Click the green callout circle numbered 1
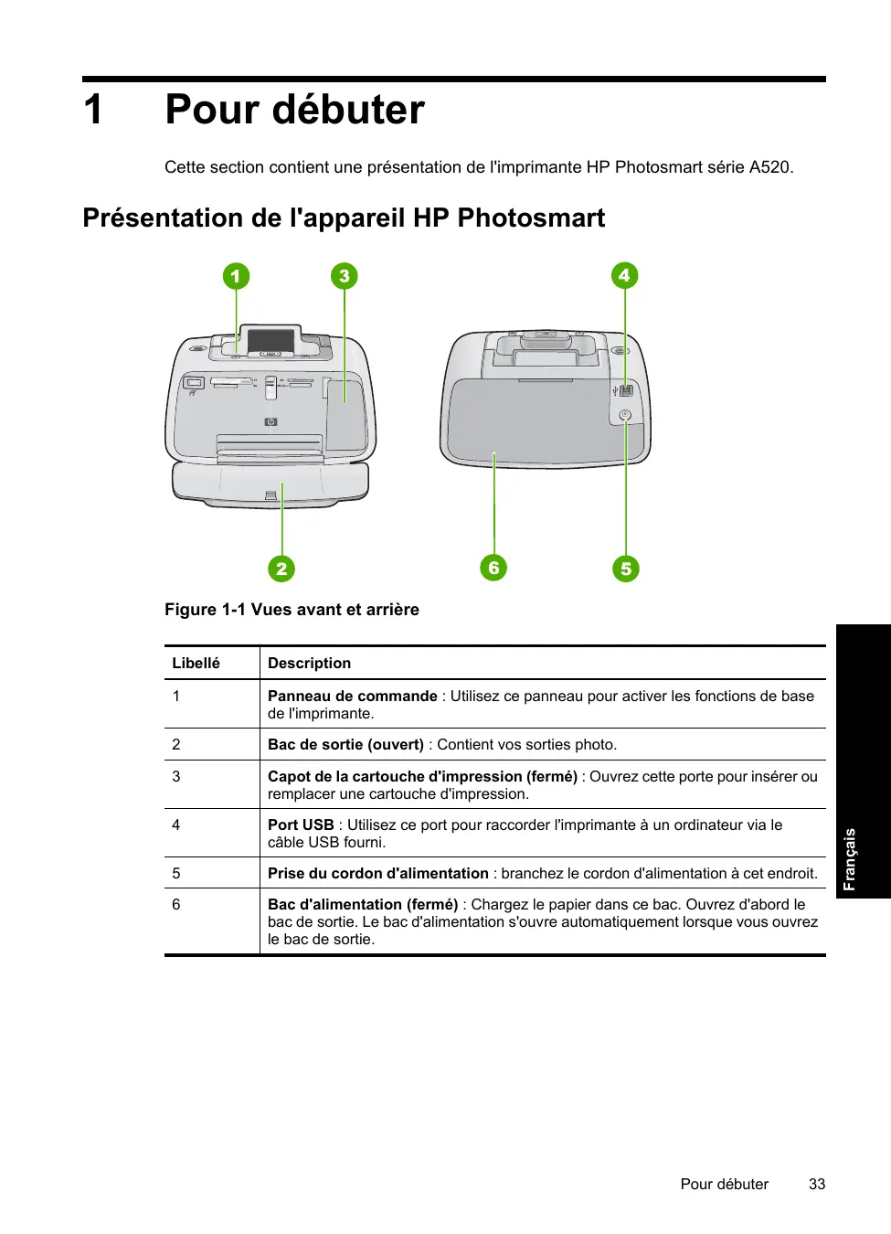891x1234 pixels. click(x=236, y=276)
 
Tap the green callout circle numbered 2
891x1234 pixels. click(x=281, y=569)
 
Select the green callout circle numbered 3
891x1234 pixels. click(x=344, y=276)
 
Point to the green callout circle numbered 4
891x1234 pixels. click(x=624, y=275)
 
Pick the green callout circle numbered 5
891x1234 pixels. click(x=626, y=569)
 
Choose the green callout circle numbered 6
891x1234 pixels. click(x=493, y=568)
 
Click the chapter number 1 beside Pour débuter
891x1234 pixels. click(x=93, y=110)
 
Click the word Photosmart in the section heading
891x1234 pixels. click(x=531, y=218)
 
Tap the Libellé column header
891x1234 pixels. click(x=196, y=664)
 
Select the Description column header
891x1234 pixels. click(x=309, y=664)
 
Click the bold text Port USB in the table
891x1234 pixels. click(x=301, y=824)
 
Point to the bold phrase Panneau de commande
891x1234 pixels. click(x=352, y=696)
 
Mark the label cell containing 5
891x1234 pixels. click(x=176, y=873)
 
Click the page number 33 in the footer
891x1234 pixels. click(x=817, y=1184)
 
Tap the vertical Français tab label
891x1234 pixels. click(x=850, y=858)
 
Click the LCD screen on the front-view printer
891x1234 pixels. click(x=270, y=341)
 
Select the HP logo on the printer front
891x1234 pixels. click(x=270, y=421)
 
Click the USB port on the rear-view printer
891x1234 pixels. click(x=626, y=391)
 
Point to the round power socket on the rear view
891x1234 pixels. click(x=625, y=415)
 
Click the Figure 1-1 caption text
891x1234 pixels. click(x=292, y=610)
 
